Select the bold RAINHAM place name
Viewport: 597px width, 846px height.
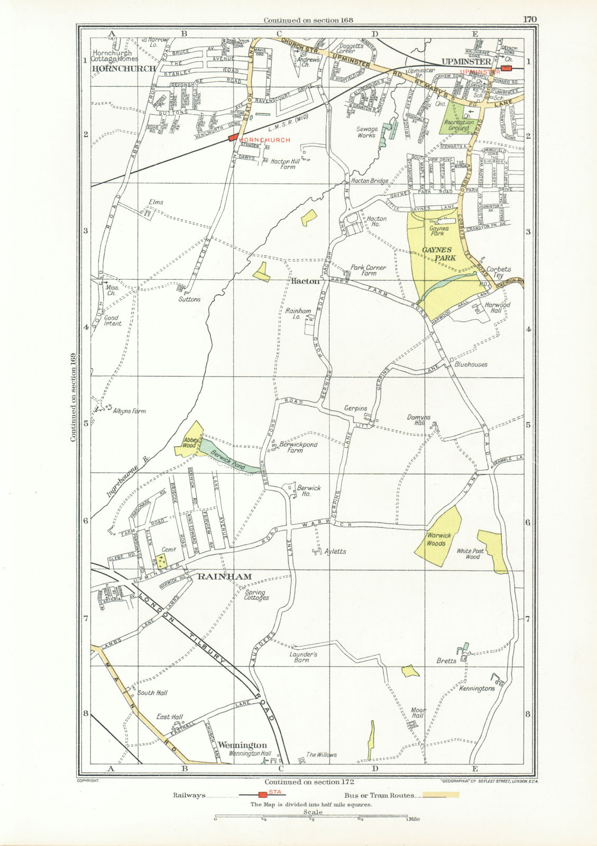(x=218, y=576)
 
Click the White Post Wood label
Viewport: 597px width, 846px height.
(x=469, y=554)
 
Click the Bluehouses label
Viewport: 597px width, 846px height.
(x=471, y=364)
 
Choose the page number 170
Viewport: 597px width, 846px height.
(x=530, y=20)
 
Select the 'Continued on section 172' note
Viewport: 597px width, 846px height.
(x=309, y=781)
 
